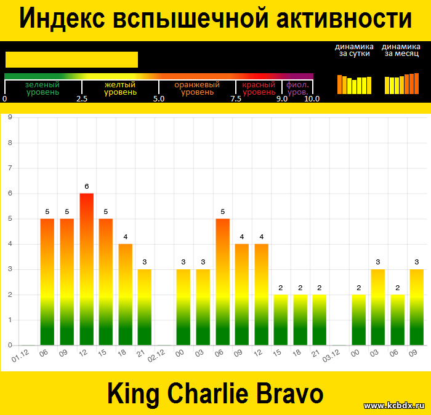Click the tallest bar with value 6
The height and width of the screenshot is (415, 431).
click(87, 269)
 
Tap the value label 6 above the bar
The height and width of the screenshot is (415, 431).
click(87, 186)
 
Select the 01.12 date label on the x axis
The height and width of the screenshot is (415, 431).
click(20, 356)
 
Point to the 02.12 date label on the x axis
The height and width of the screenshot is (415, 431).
click(156, 356)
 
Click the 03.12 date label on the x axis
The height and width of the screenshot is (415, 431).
click(331, 356)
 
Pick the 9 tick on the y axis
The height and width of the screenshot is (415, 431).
click(10, 117)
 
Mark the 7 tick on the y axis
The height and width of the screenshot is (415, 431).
click(10, 168)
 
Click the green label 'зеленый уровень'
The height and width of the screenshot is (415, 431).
click(42, 89)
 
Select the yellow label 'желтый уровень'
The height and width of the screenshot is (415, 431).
click(120, 89)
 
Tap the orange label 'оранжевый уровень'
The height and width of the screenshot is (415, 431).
click(197, 89)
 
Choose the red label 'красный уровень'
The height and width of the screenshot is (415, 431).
click(259, 89)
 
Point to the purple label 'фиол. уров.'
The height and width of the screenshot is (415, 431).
click(297, 89)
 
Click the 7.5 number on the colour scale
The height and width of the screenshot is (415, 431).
click(236, 99)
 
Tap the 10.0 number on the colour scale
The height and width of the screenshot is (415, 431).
click(312, 99)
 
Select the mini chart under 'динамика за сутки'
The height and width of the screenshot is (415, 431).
click(354, 85)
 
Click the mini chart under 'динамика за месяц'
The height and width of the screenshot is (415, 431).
click(401, 84)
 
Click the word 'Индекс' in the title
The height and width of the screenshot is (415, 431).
click(62, 18)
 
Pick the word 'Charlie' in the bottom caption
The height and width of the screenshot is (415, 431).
click(207, 393)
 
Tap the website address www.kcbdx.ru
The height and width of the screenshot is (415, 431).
click(395, 405)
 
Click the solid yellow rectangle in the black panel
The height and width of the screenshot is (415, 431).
click(72, 60)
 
